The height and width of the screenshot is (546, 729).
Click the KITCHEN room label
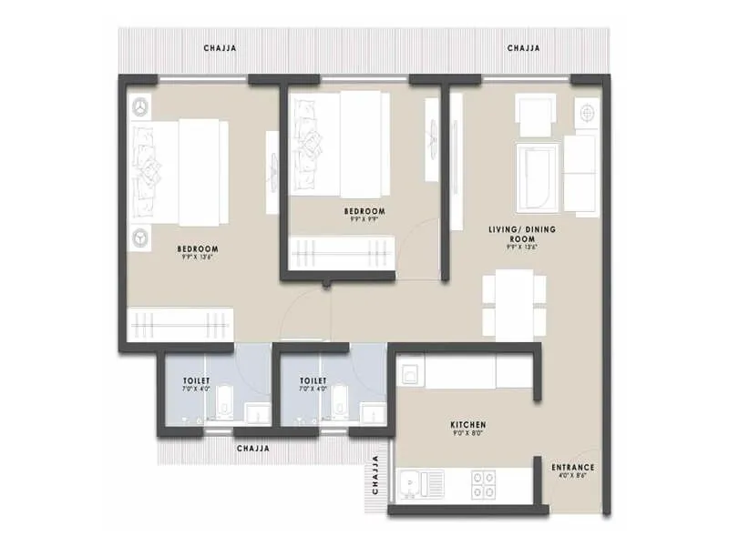tap(467, 425)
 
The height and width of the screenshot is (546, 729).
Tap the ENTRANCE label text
tap(574, 468)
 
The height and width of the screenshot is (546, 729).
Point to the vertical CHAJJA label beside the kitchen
tap(374, 476)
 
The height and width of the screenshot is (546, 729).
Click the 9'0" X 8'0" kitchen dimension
tap(467, 434)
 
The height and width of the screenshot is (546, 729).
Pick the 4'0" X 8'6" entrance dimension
tap(574, 477)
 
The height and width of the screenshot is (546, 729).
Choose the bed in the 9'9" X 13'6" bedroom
tap(182, 172)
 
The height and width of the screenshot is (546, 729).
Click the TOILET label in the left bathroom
tap(196, 380)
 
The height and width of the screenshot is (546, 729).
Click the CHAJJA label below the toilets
tap(252, 449)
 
